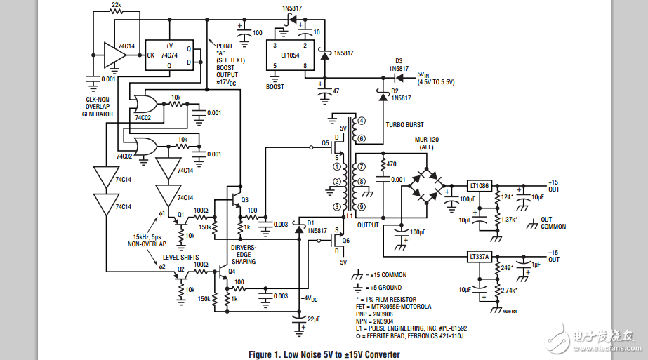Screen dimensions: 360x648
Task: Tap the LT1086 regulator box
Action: coord(480,186)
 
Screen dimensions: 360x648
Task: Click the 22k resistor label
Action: coord(117,4)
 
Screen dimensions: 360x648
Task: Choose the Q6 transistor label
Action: coord(346,240)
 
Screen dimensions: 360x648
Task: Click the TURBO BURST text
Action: coord(405,125)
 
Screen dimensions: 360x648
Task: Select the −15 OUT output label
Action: coord(554,255)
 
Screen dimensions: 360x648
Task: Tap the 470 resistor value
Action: coord(392,164)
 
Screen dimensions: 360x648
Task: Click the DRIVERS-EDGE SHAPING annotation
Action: coord(243,255)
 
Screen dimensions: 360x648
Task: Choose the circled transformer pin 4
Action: coord(362,121)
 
